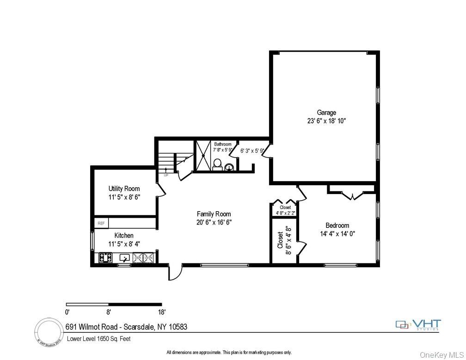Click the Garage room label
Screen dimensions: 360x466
326,112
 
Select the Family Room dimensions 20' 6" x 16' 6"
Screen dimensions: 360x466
214,222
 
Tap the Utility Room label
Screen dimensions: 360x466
124,189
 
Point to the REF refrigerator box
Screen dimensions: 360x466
101,223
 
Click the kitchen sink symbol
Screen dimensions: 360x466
125,258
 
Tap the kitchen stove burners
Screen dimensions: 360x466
105,258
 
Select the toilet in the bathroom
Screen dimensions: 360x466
216,165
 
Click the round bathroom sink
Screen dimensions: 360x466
228,167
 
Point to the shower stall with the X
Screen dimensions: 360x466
202,155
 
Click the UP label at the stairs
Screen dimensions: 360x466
166,175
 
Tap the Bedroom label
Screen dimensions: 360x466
337,226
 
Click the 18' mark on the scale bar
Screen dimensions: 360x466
161,312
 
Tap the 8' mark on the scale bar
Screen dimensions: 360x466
108,312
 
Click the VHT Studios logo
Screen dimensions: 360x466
418,324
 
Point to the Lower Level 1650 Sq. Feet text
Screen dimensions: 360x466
98,339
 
